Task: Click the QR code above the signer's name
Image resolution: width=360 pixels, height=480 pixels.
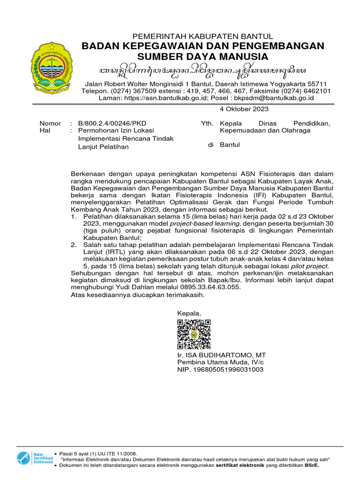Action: (194, 334)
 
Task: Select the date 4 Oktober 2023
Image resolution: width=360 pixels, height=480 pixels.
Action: (244, 109)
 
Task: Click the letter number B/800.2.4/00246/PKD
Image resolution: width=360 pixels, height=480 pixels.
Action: (105, 123)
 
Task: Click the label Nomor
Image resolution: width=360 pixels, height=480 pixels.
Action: (50, 123)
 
